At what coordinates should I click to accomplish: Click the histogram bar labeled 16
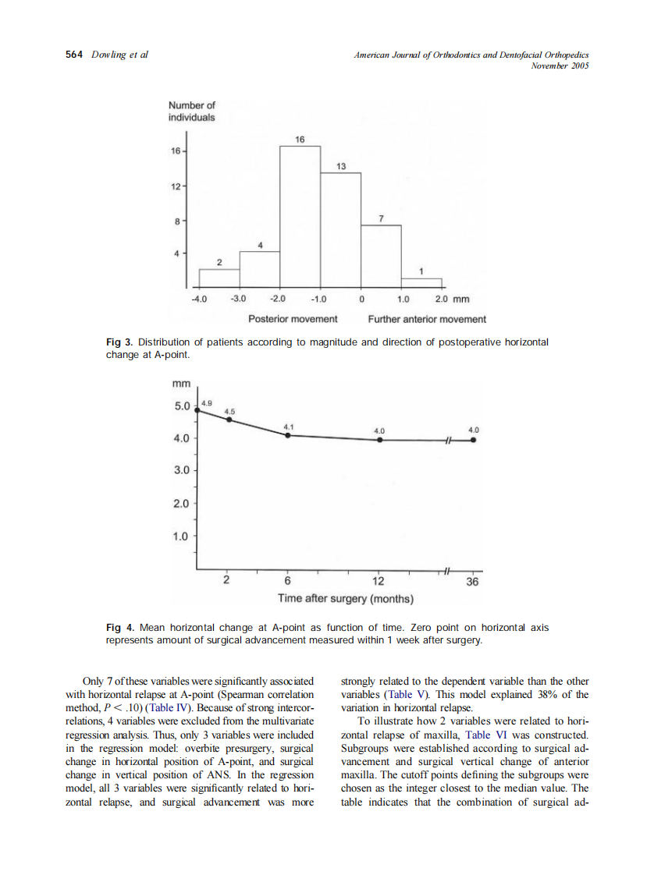pyautogui.click(x=300, y=216)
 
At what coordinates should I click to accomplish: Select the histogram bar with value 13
pyautogui.click(x=341, y=229)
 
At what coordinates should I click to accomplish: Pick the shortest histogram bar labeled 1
pyautogui.click(x=421, y=282)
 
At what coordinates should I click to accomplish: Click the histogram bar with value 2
pyautogui.click(x=219, y=278)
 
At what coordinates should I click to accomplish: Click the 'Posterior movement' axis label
pyautogui.click(x=293, y=319)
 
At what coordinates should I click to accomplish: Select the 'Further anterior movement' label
pyautogui.click(x=427, y=319)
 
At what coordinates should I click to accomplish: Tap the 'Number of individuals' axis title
pyautogui.click(x=191, y=112)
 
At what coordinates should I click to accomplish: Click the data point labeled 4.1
pyautogui.click(x=287, y=435)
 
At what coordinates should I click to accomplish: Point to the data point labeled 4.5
pyautogui.click(x=229, y=420)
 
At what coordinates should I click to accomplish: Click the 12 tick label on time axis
pyautogui.click(x=379, y=582)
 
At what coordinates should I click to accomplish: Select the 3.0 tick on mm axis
pyautogui.click(x=181, y=471)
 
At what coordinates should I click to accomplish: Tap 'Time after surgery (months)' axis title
pyautogui.click(x=346, y=599)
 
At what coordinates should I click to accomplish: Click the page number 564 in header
pyautogui.click(x=74, y=55)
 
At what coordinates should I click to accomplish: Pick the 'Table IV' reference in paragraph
pyautogui.click(x=163, y=708)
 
